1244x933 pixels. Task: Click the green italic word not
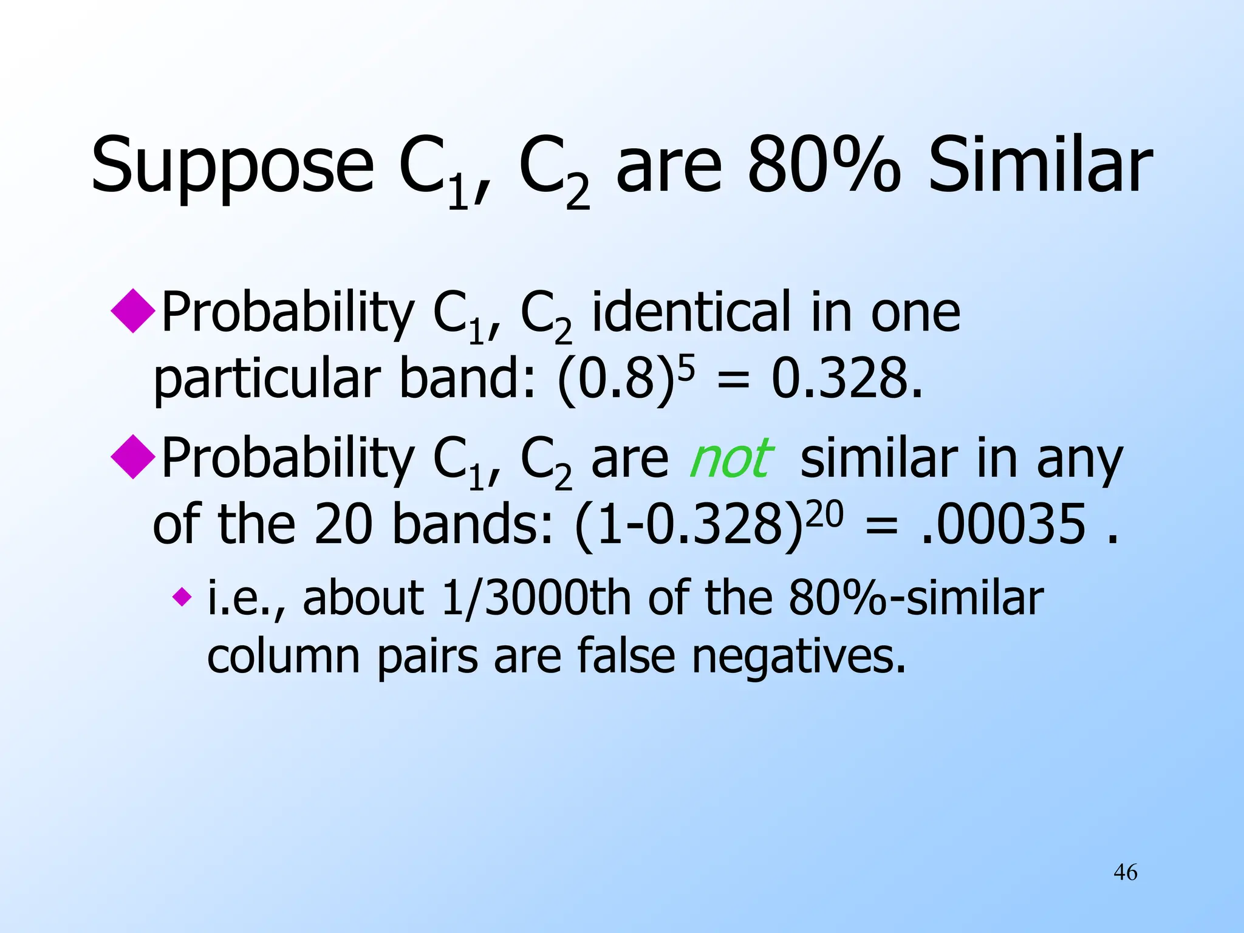(x=731, y=459)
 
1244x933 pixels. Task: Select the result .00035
(x=1003, y=524)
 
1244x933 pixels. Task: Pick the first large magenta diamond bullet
(x=133, y=310)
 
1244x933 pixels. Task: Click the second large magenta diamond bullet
(x=133, y=457)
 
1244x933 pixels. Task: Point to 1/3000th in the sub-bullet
(x=536, y=598)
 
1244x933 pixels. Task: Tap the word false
(x=626, y=656)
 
